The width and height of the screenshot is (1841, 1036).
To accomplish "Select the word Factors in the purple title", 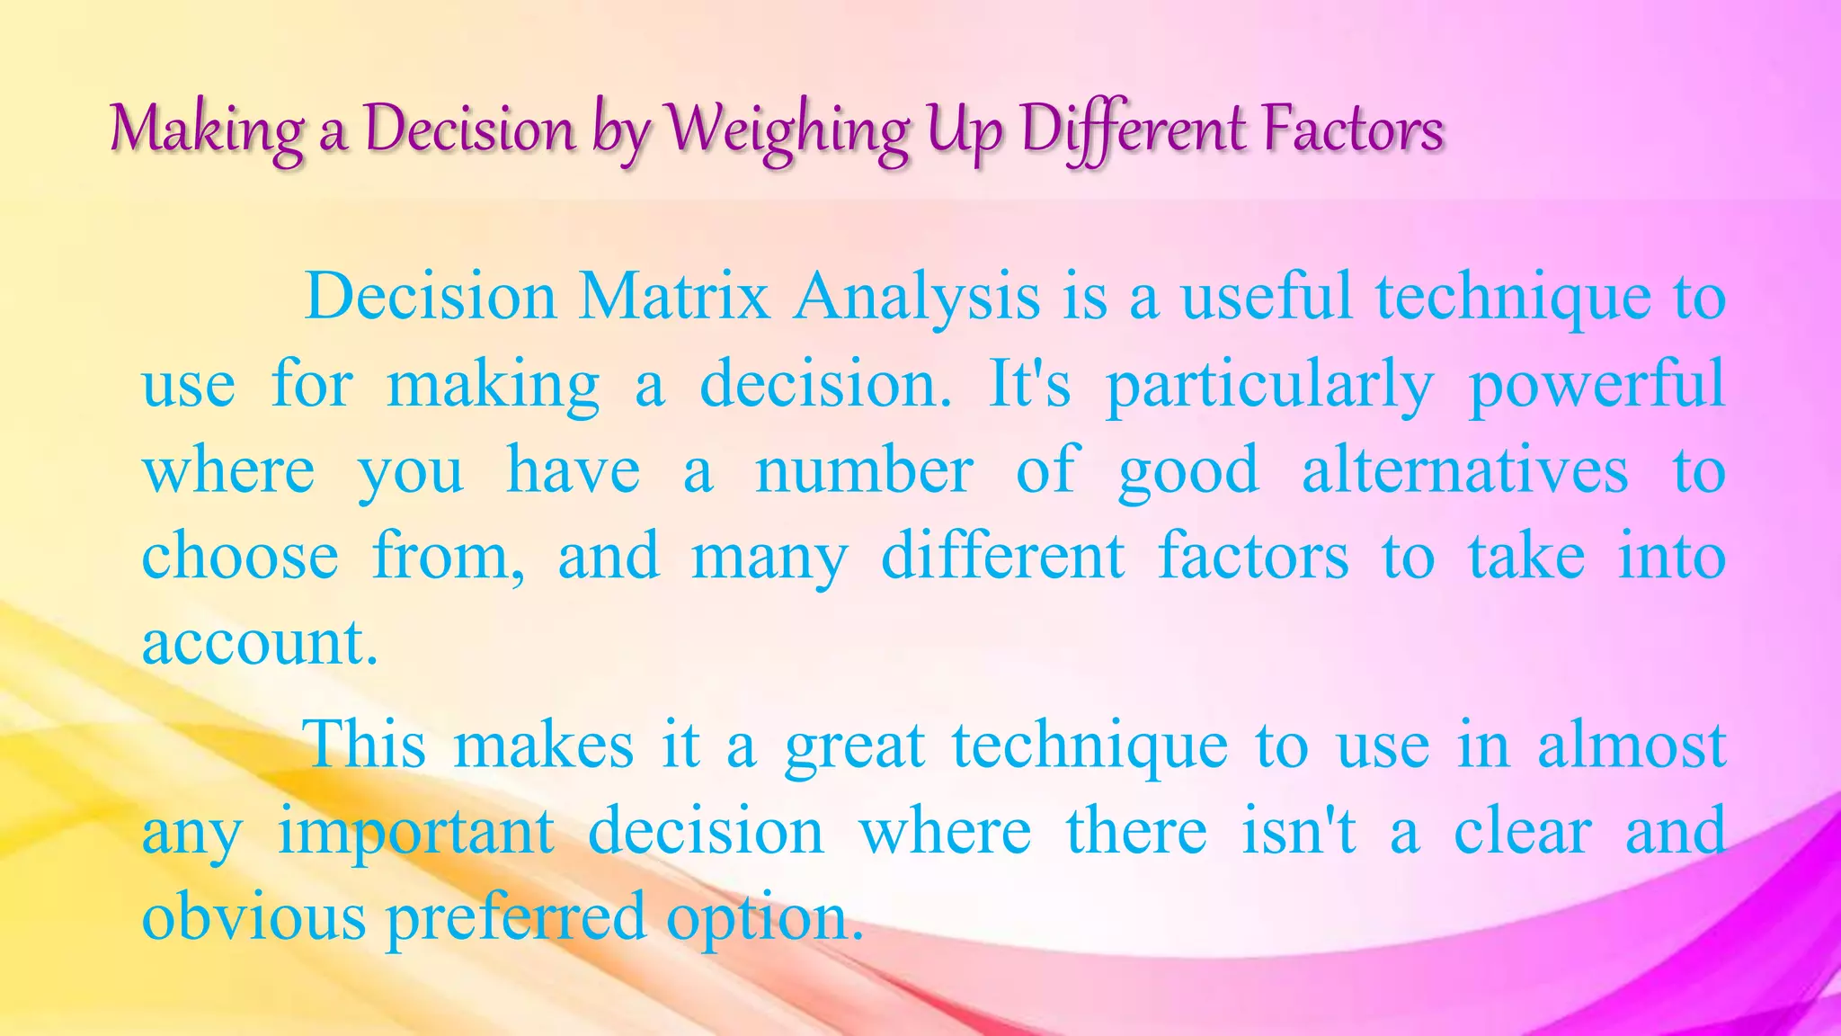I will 1353,129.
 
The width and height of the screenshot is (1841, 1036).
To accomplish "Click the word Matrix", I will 674,296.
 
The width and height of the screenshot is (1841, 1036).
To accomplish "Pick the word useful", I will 1267,296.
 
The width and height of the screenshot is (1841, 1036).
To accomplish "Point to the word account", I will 259,643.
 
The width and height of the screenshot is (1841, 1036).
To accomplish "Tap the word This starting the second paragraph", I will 366,745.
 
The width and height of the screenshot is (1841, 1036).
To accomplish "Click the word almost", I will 1632,745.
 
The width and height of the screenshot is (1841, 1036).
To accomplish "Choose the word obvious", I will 254,916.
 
